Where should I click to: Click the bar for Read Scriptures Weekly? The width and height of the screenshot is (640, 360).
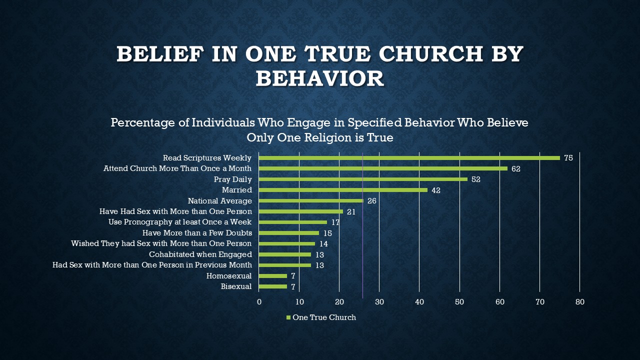(409, 158)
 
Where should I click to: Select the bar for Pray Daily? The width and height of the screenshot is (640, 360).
(363, 179)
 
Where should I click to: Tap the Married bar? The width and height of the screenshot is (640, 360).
(343, 190)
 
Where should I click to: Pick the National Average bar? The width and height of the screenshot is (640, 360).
(311, 201)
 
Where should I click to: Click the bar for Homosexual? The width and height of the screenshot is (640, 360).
(273, 276)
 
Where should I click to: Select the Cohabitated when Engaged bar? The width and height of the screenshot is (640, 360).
(285, 254)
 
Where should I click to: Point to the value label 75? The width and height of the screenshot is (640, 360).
(568, 158)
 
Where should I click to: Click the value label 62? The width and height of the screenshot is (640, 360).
(516, 169)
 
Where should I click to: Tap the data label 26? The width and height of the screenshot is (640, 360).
(371, 201)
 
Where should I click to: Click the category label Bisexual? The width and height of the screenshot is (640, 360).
(236, 286)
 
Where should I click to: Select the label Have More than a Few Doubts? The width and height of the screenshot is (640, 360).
(197, 233)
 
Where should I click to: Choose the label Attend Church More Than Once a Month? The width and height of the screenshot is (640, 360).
(177, 169)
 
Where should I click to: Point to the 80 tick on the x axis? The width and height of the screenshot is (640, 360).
(579, 302)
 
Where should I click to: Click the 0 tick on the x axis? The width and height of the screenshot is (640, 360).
(259, 302)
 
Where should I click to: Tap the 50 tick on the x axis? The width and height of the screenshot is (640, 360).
(459, 302)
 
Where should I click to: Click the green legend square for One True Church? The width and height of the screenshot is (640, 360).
(288, 317)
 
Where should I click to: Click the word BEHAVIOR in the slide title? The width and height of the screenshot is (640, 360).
(320, 78)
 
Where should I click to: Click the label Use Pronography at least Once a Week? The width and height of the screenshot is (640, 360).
(180, 222)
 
